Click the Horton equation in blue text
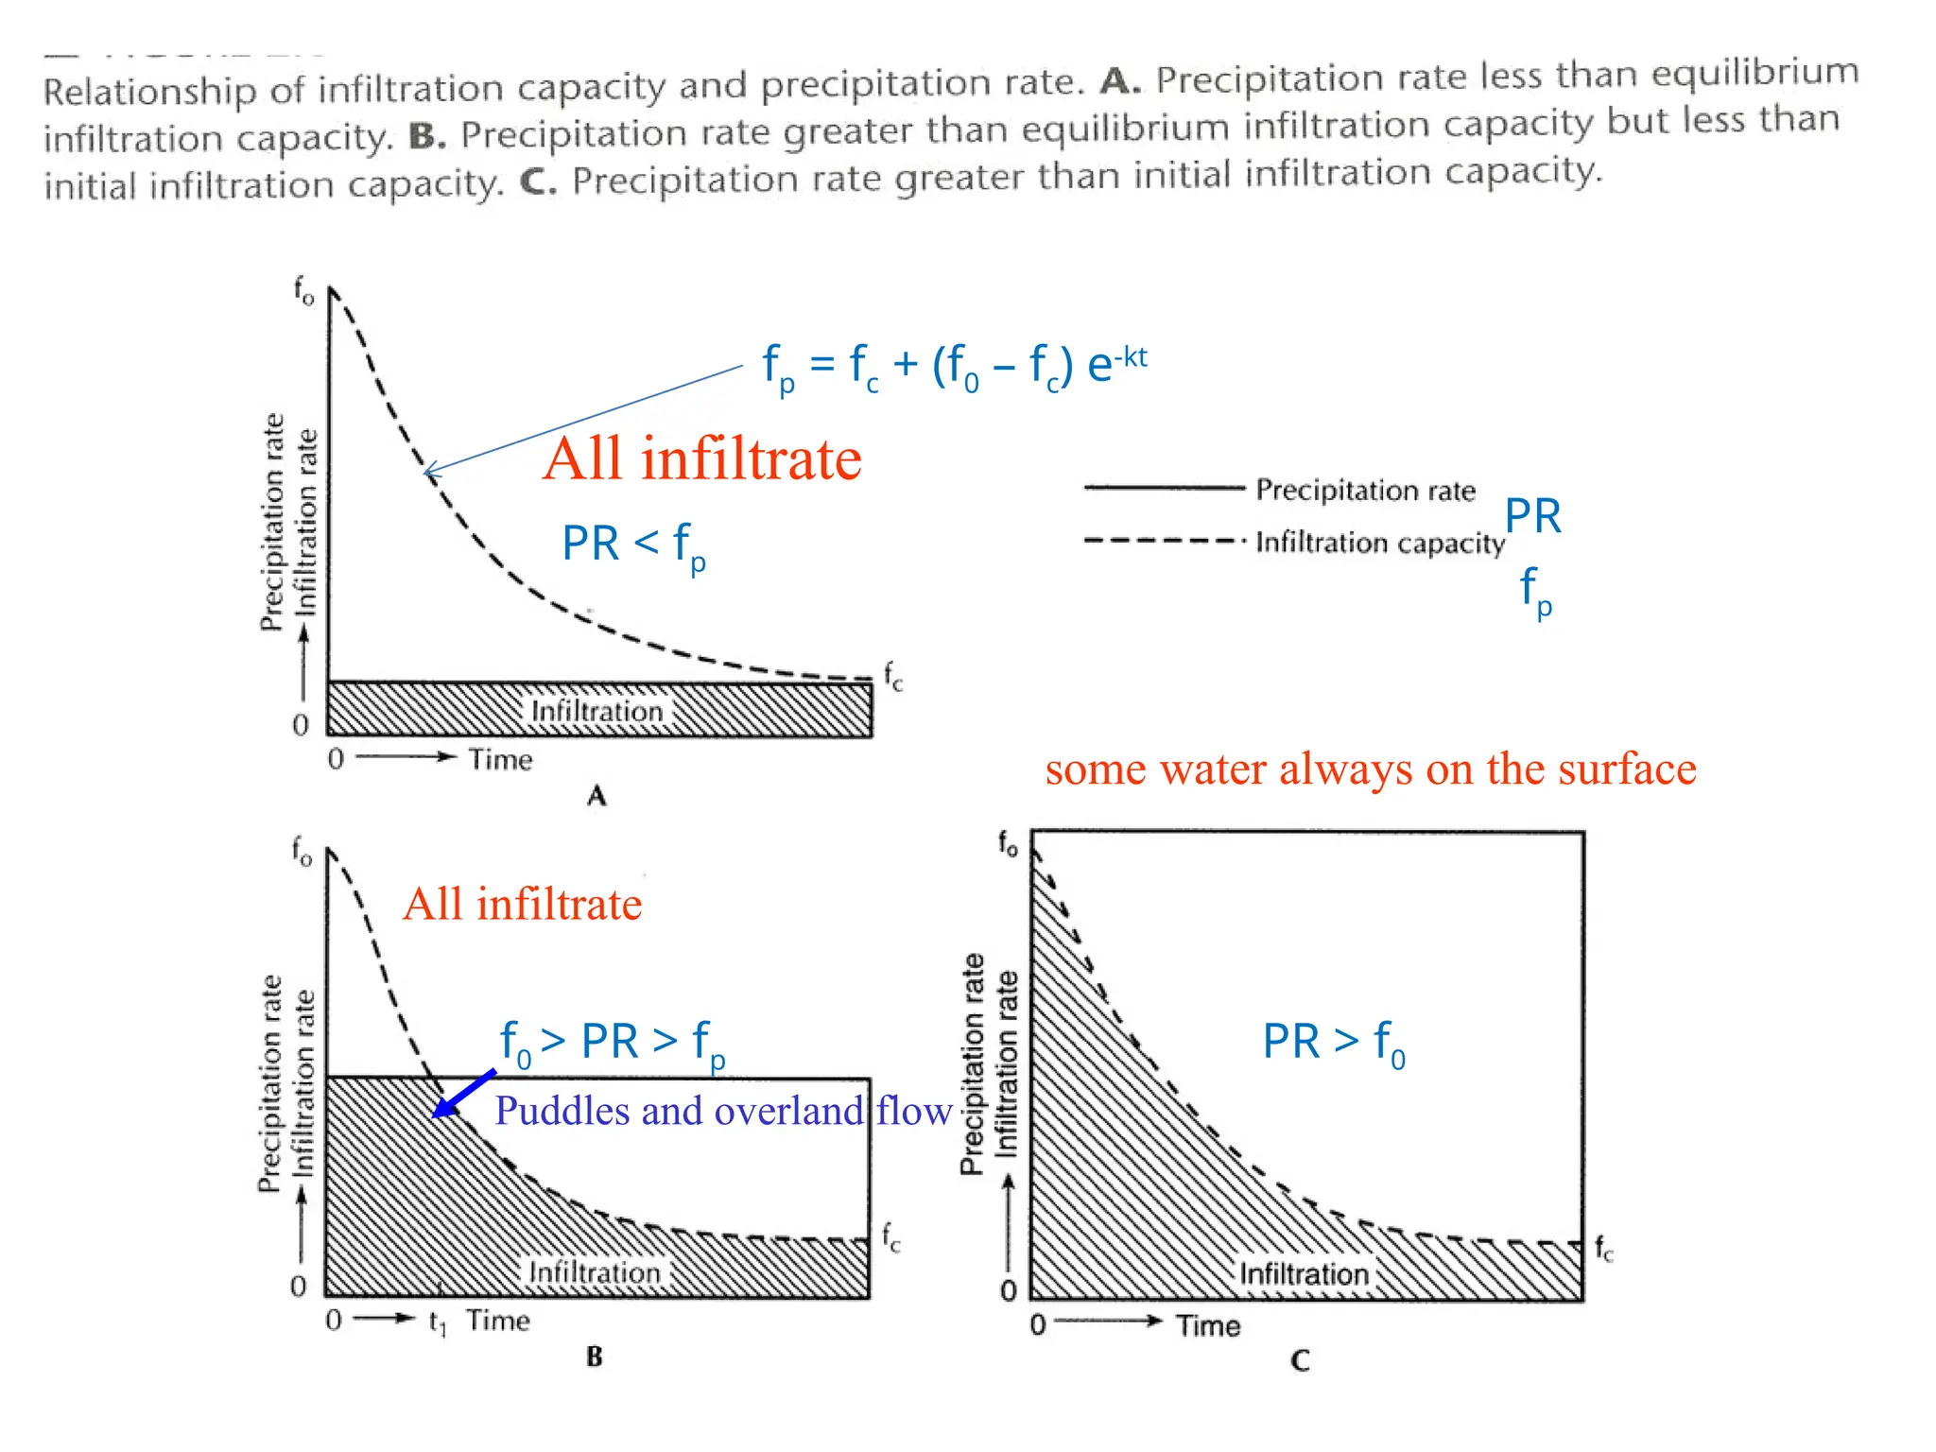pos(955,367)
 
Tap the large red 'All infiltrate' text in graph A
pos(702,459)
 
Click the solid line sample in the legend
pos(1164,488)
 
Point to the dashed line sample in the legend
pos(1164,541)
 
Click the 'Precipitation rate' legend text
pos(1365,490)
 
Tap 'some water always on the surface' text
pos(1370,769)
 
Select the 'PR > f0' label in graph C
pos(1333,1042)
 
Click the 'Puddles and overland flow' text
pos(722,1111)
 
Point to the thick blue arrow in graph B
pos(463,1094)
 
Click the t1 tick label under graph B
pos(437,1322)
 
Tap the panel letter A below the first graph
pos(596,796)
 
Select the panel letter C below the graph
pos(1300,1360)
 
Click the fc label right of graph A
pos(893,677)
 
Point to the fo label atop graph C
pos(1009,842)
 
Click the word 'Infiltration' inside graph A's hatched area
pos(596,711)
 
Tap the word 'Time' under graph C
pos(1207,1325)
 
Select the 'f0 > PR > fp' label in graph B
pos(613,1043)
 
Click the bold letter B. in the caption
pos(427,137)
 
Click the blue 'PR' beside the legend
pos(1532,516)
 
